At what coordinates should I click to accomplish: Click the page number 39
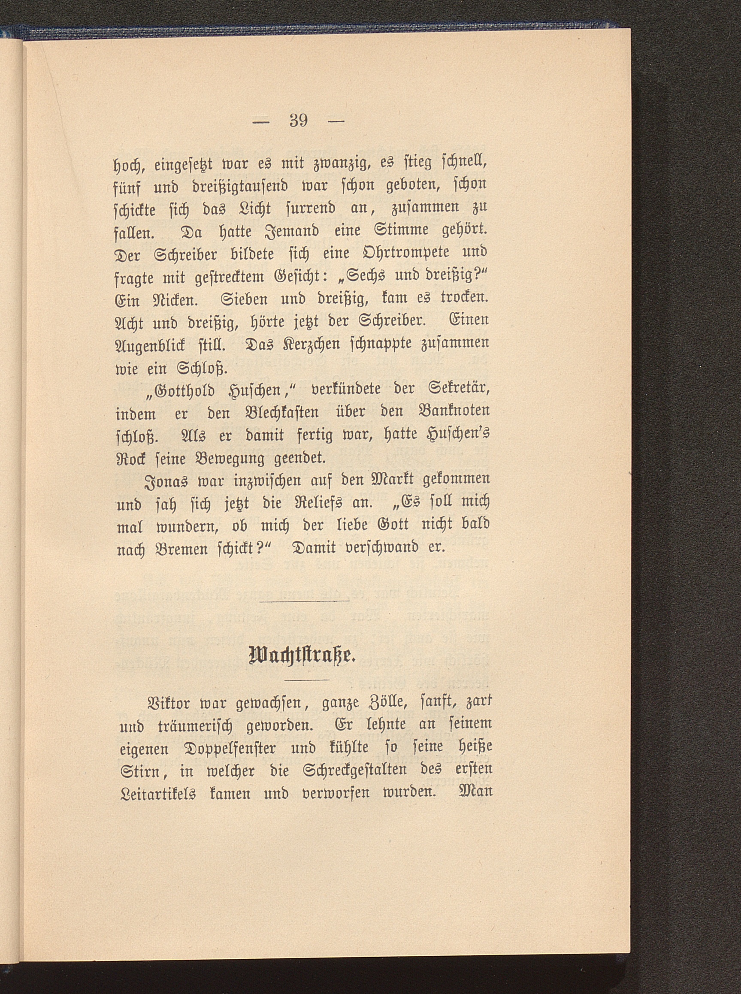click(x=299, y=121)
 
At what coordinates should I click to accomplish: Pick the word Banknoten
click(x=452, y=411)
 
